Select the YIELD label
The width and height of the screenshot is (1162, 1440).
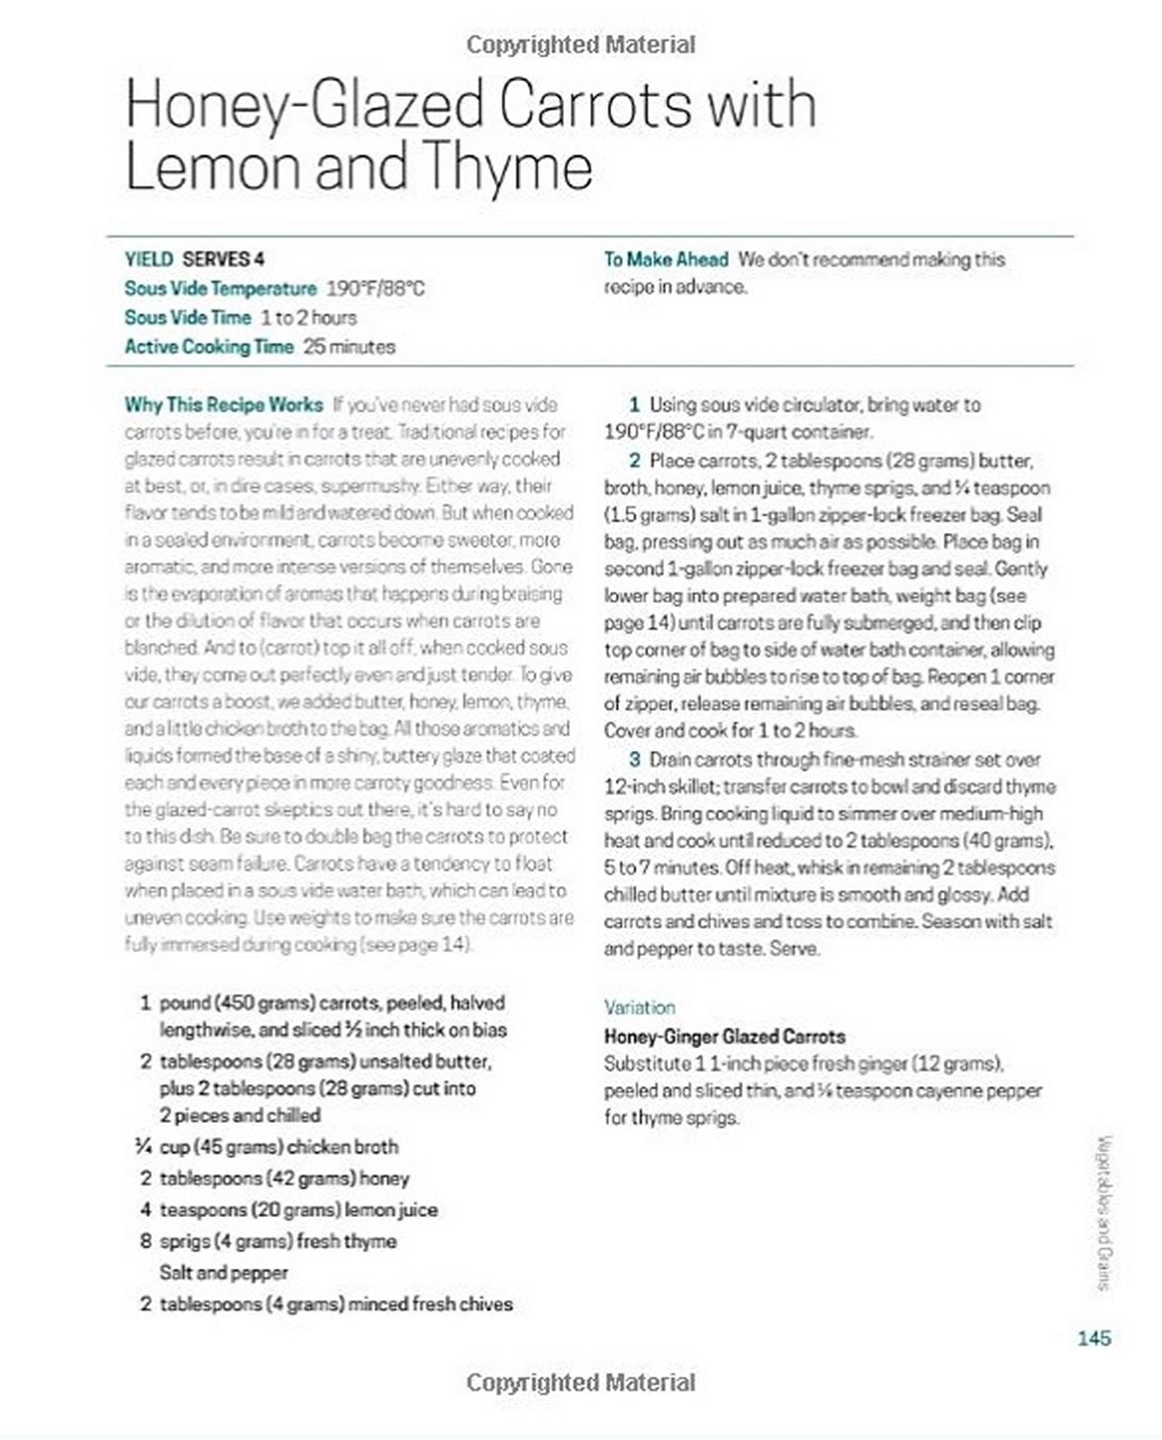point(149,259)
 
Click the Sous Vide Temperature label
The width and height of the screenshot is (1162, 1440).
point(221,289)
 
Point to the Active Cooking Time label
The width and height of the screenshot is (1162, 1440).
point(209,347)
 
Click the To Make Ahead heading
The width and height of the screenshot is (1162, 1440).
point(666,259)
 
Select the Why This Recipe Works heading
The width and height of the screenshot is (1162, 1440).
point(224,405)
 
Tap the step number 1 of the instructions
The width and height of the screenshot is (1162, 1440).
point(634,405)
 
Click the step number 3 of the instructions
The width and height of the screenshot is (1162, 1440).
point(634,759)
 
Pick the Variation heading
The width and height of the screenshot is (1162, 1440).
point(640,1007)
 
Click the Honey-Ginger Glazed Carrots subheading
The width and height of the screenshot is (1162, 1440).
point(724,1037)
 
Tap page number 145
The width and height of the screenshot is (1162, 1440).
point(1094,1338)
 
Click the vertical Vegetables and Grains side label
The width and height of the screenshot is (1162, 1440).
point(1105,1212)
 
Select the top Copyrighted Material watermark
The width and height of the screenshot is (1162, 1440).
point(580,45)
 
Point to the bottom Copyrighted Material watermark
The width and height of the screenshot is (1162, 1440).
point(580,1383)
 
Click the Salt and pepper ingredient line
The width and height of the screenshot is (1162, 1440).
point(223,1273)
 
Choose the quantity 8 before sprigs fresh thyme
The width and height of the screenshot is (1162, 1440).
point(146,1241)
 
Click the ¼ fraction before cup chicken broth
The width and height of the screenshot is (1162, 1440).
point(143,1147)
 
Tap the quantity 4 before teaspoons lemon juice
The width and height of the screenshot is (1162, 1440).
point(146,1209)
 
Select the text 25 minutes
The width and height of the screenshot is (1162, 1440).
point(349,347)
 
